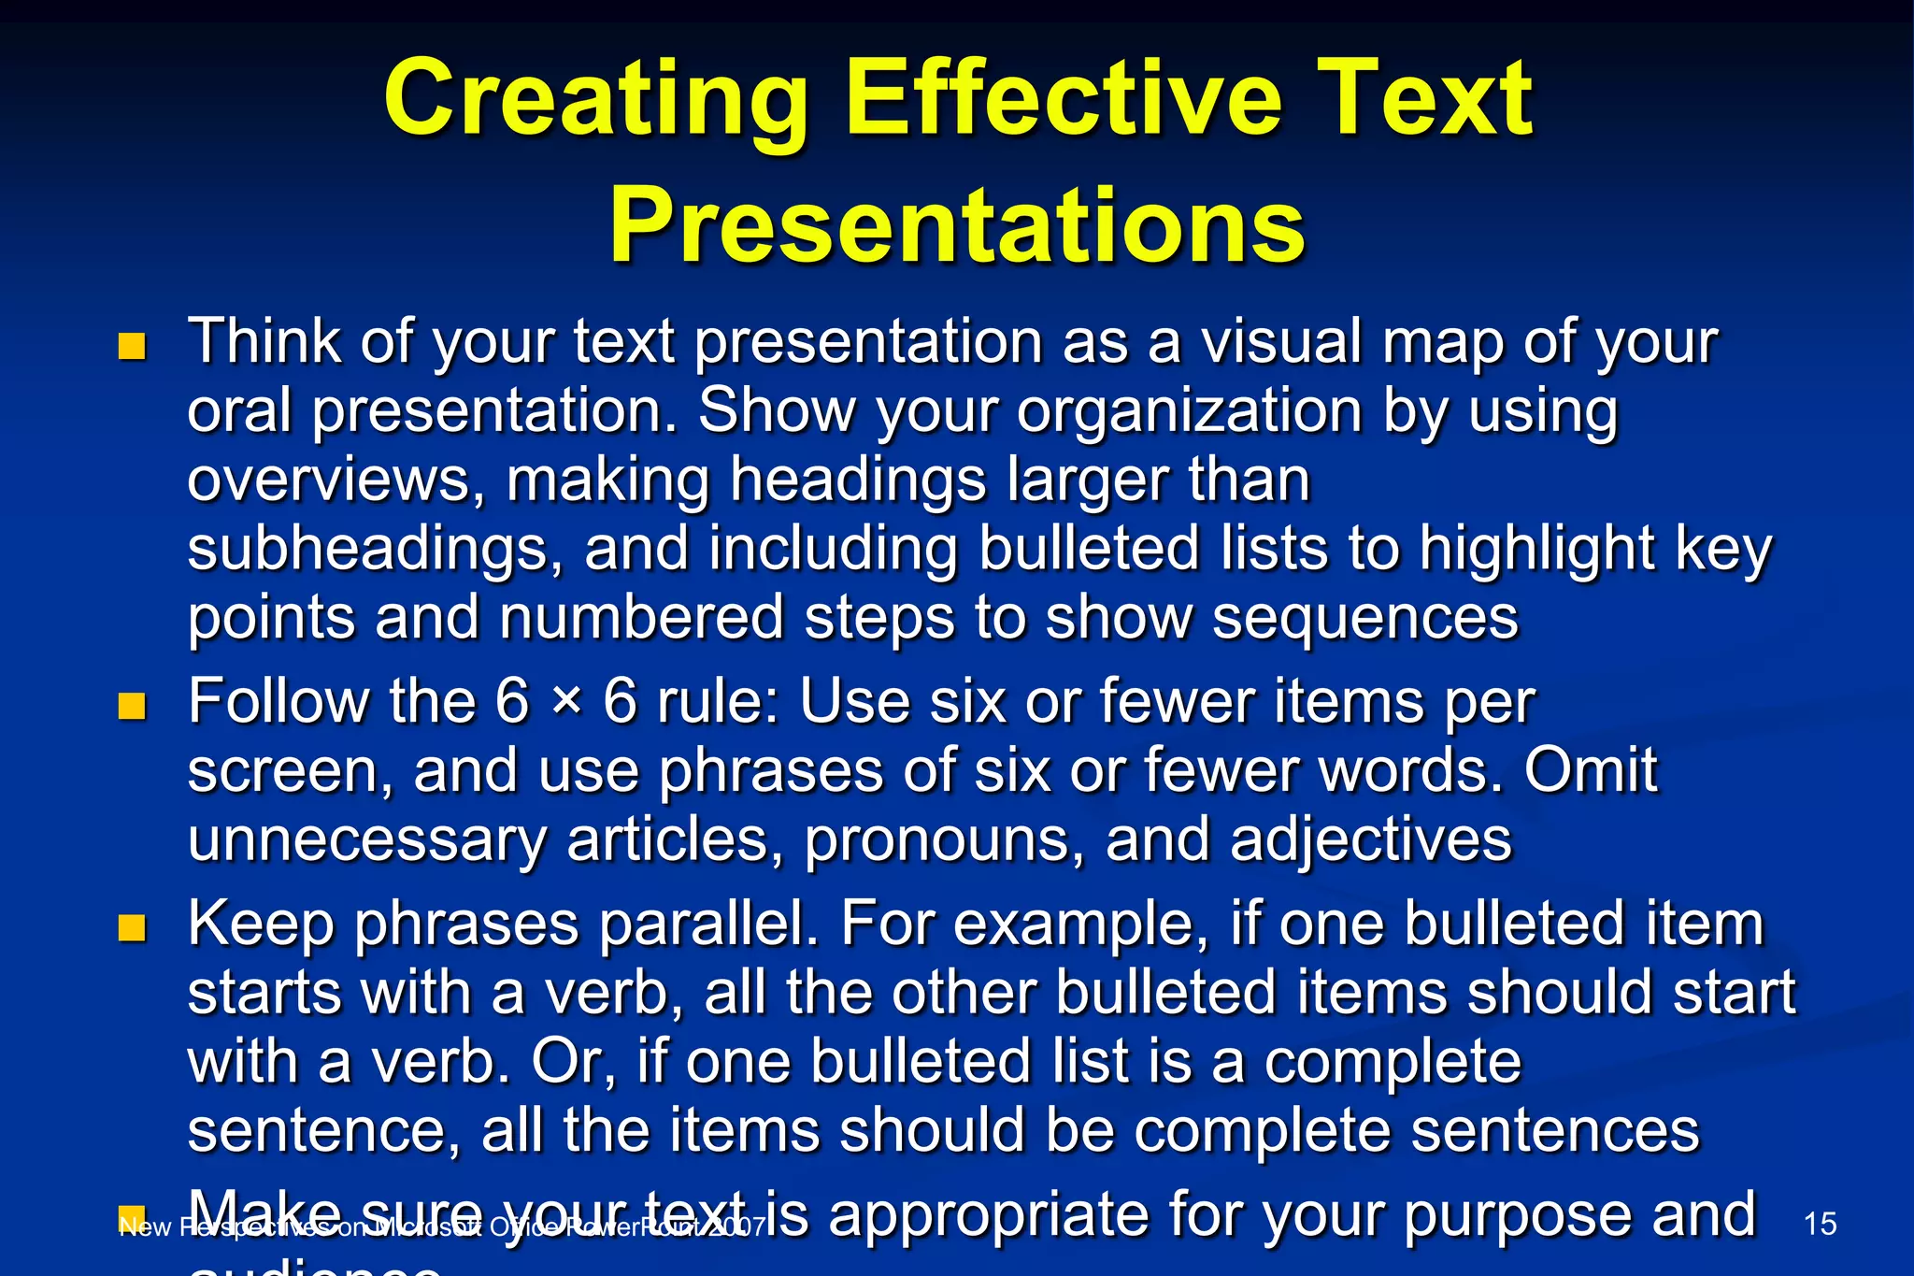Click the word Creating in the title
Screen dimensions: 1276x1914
pyautogui.click(x=595, y=100)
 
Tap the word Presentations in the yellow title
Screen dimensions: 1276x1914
pyautogui.click(x=956, y=227)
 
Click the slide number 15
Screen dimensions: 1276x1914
pyautogui.click(x=1820, y=1224)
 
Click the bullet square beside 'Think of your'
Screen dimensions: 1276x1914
pyautogui.click(x=132, y=347)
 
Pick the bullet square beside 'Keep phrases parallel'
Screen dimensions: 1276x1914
pyautogui.click(x=132, y=927)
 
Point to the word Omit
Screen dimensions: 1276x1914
pyautogui.click(x=1591, y=770)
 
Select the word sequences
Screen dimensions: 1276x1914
pyautogui.click(x=1365, y=618)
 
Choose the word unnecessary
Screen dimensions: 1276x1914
pyautogui.click(x=366, y=839)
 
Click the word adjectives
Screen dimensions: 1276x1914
pyautogui.click(x=1371, y=839)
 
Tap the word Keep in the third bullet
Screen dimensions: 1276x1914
pyautogui.click(x=261, y=924)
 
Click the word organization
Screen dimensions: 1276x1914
pyautogui.click(x=1189, y=411)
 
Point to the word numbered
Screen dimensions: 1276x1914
pyautogui.click(x=641, y=618)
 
